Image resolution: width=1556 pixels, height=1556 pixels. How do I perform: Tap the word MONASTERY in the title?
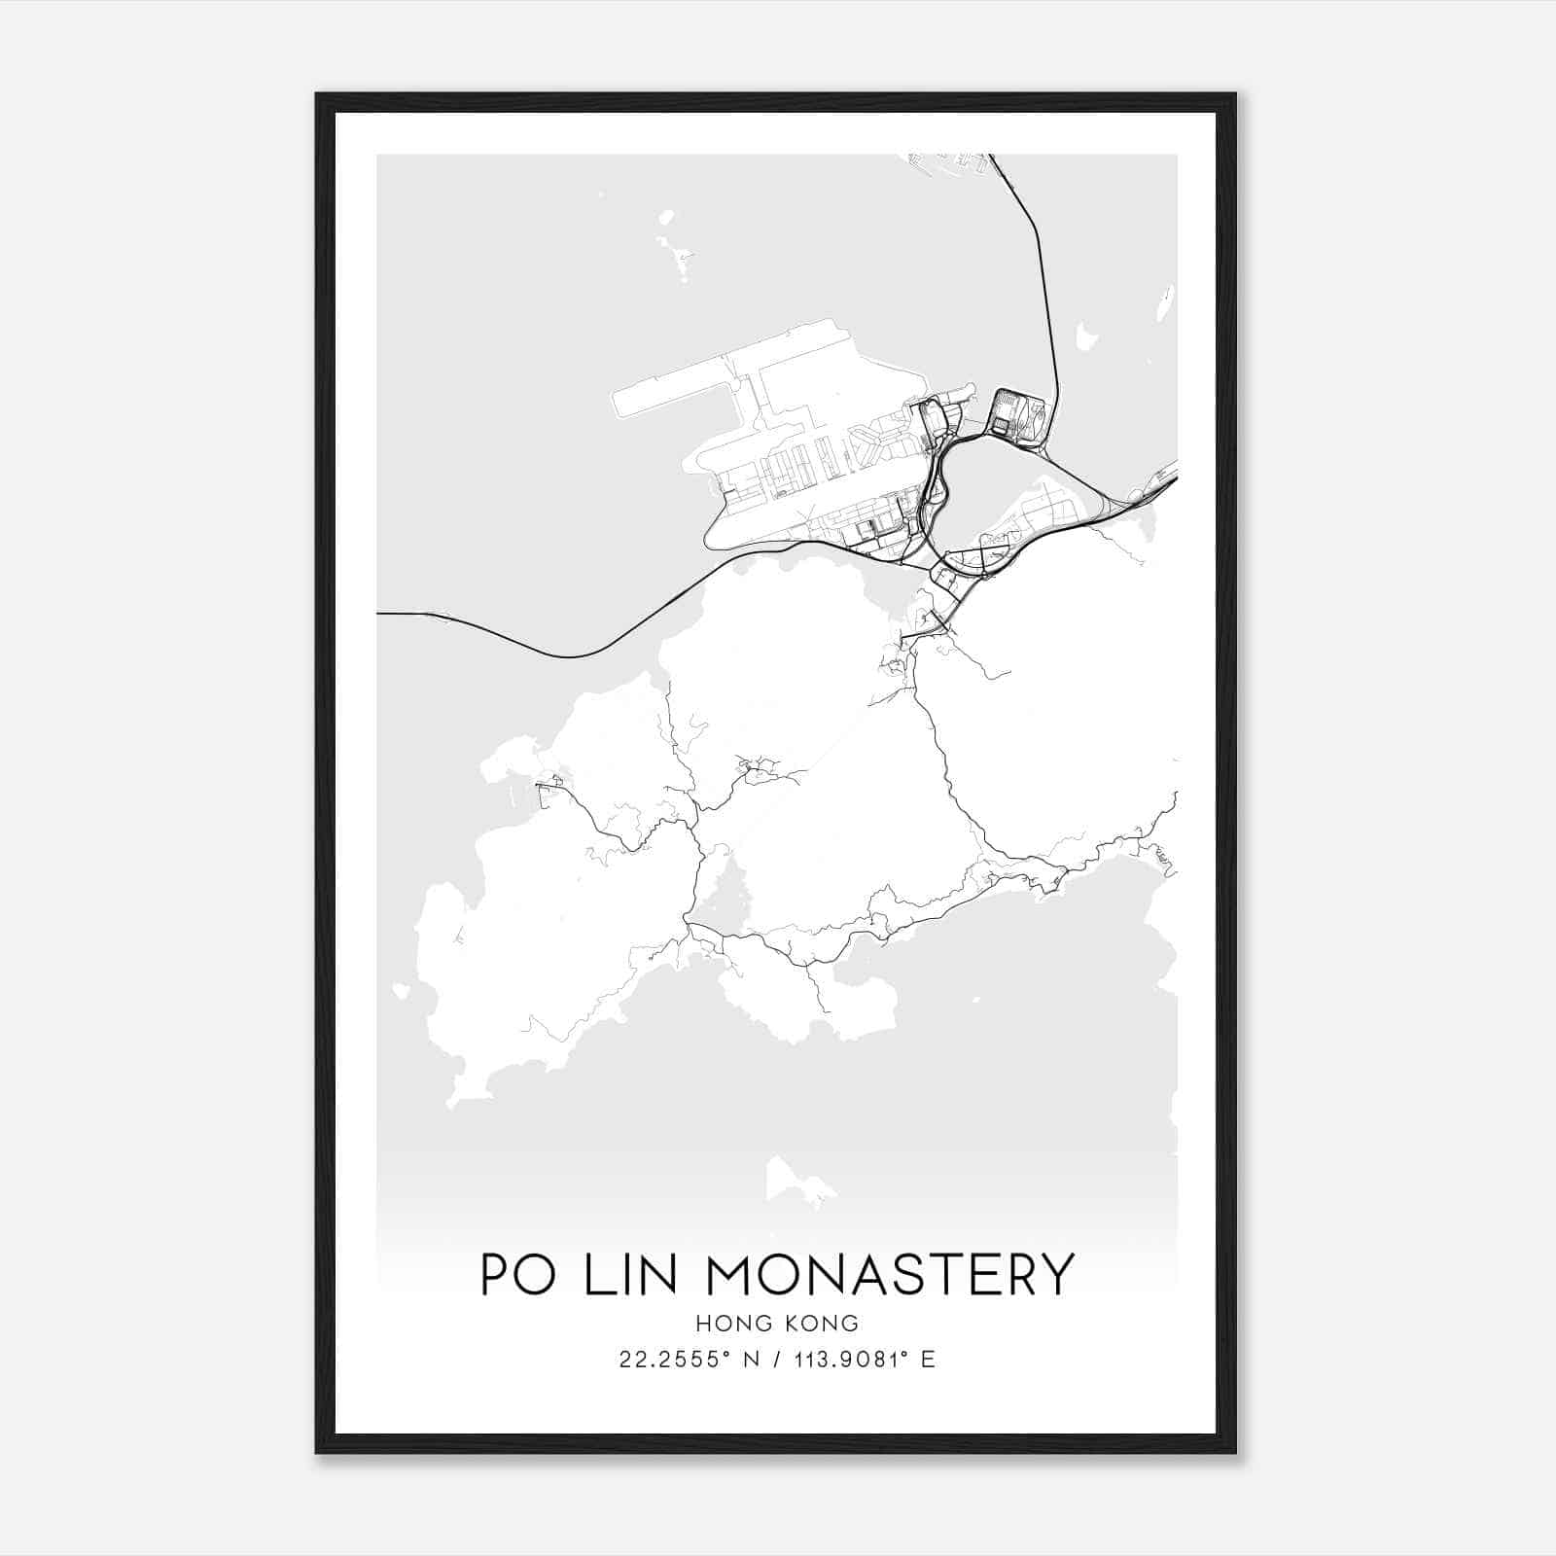(x=890, y=1274)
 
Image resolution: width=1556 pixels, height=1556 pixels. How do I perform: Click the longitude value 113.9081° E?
(x=865, y=1360)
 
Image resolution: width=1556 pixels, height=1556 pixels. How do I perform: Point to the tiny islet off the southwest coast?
(x=400, y=991)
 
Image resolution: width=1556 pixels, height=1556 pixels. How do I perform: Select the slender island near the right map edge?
(x=1165, y=303)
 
